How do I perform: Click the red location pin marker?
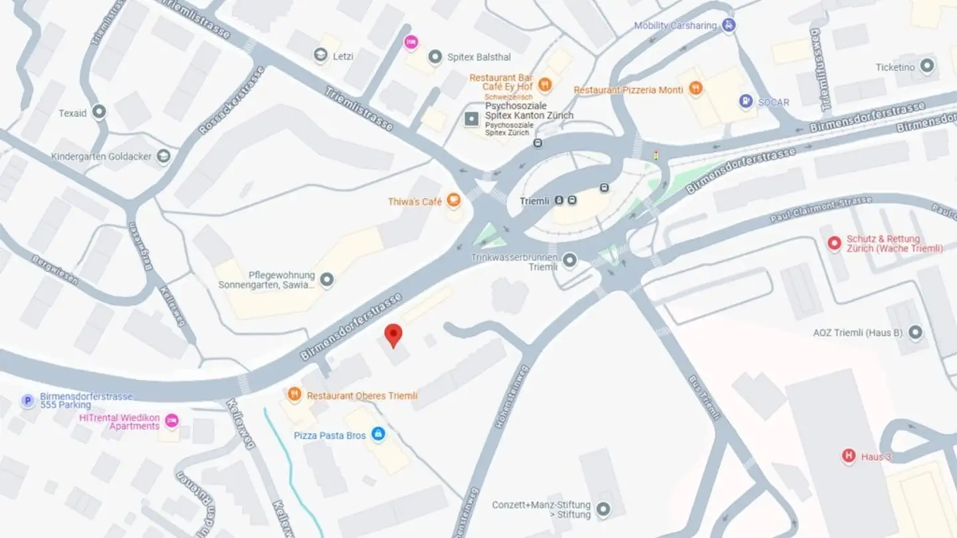pos(393,335)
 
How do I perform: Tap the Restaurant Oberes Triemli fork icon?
pos(294,395)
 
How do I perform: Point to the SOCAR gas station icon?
pos(746,102)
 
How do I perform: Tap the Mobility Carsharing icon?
pos(729,26)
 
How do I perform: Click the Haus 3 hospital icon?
pos(848,456)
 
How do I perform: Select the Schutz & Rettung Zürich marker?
pos(835,244)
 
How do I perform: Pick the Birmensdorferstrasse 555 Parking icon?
pos(27,401)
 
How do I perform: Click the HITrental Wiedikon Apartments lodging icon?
pos(172,421)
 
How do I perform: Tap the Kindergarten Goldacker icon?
pos(163,157)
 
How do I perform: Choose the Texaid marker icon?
pos(100,112)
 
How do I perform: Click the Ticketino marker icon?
pos(927,66)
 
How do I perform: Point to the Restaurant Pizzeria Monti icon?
pos(695,89)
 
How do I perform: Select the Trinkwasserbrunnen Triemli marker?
pos(570,260)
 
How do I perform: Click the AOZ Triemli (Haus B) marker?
pos(916,332)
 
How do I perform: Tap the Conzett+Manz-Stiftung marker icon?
pos(603,509)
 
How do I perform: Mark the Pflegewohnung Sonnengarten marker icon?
pos(326,280)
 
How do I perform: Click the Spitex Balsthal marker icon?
pos(435,57)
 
